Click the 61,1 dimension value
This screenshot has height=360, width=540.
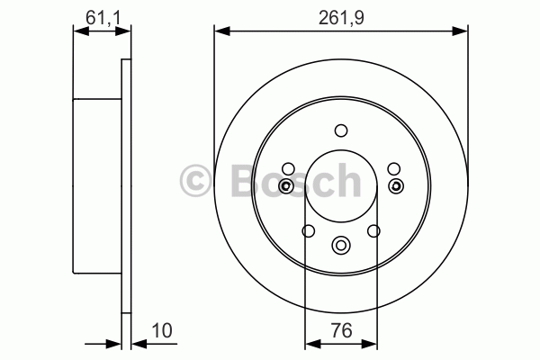[x=103, y=18]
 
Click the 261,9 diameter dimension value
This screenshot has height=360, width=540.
[x=341, y=18]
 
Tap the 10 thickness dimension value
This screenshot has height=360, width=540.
[x=162, y=330]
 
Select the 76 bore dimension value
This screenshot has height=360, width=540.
[x=342, y=330]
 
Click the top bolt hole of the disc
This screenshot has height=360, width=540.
[x=341, y=130]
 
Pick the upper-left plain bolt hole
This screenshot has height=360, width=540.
[x=288, y=169]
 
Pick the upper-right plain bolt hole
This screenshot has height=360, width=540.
[x=394, y=169]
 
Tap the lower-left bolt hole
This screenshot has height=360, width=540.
[x=308, y=230]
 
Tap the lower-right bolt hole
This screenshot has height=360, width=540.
[x=373, y=230]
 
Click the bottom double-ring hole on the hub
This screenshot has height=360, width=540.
[x=341, y=246]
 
